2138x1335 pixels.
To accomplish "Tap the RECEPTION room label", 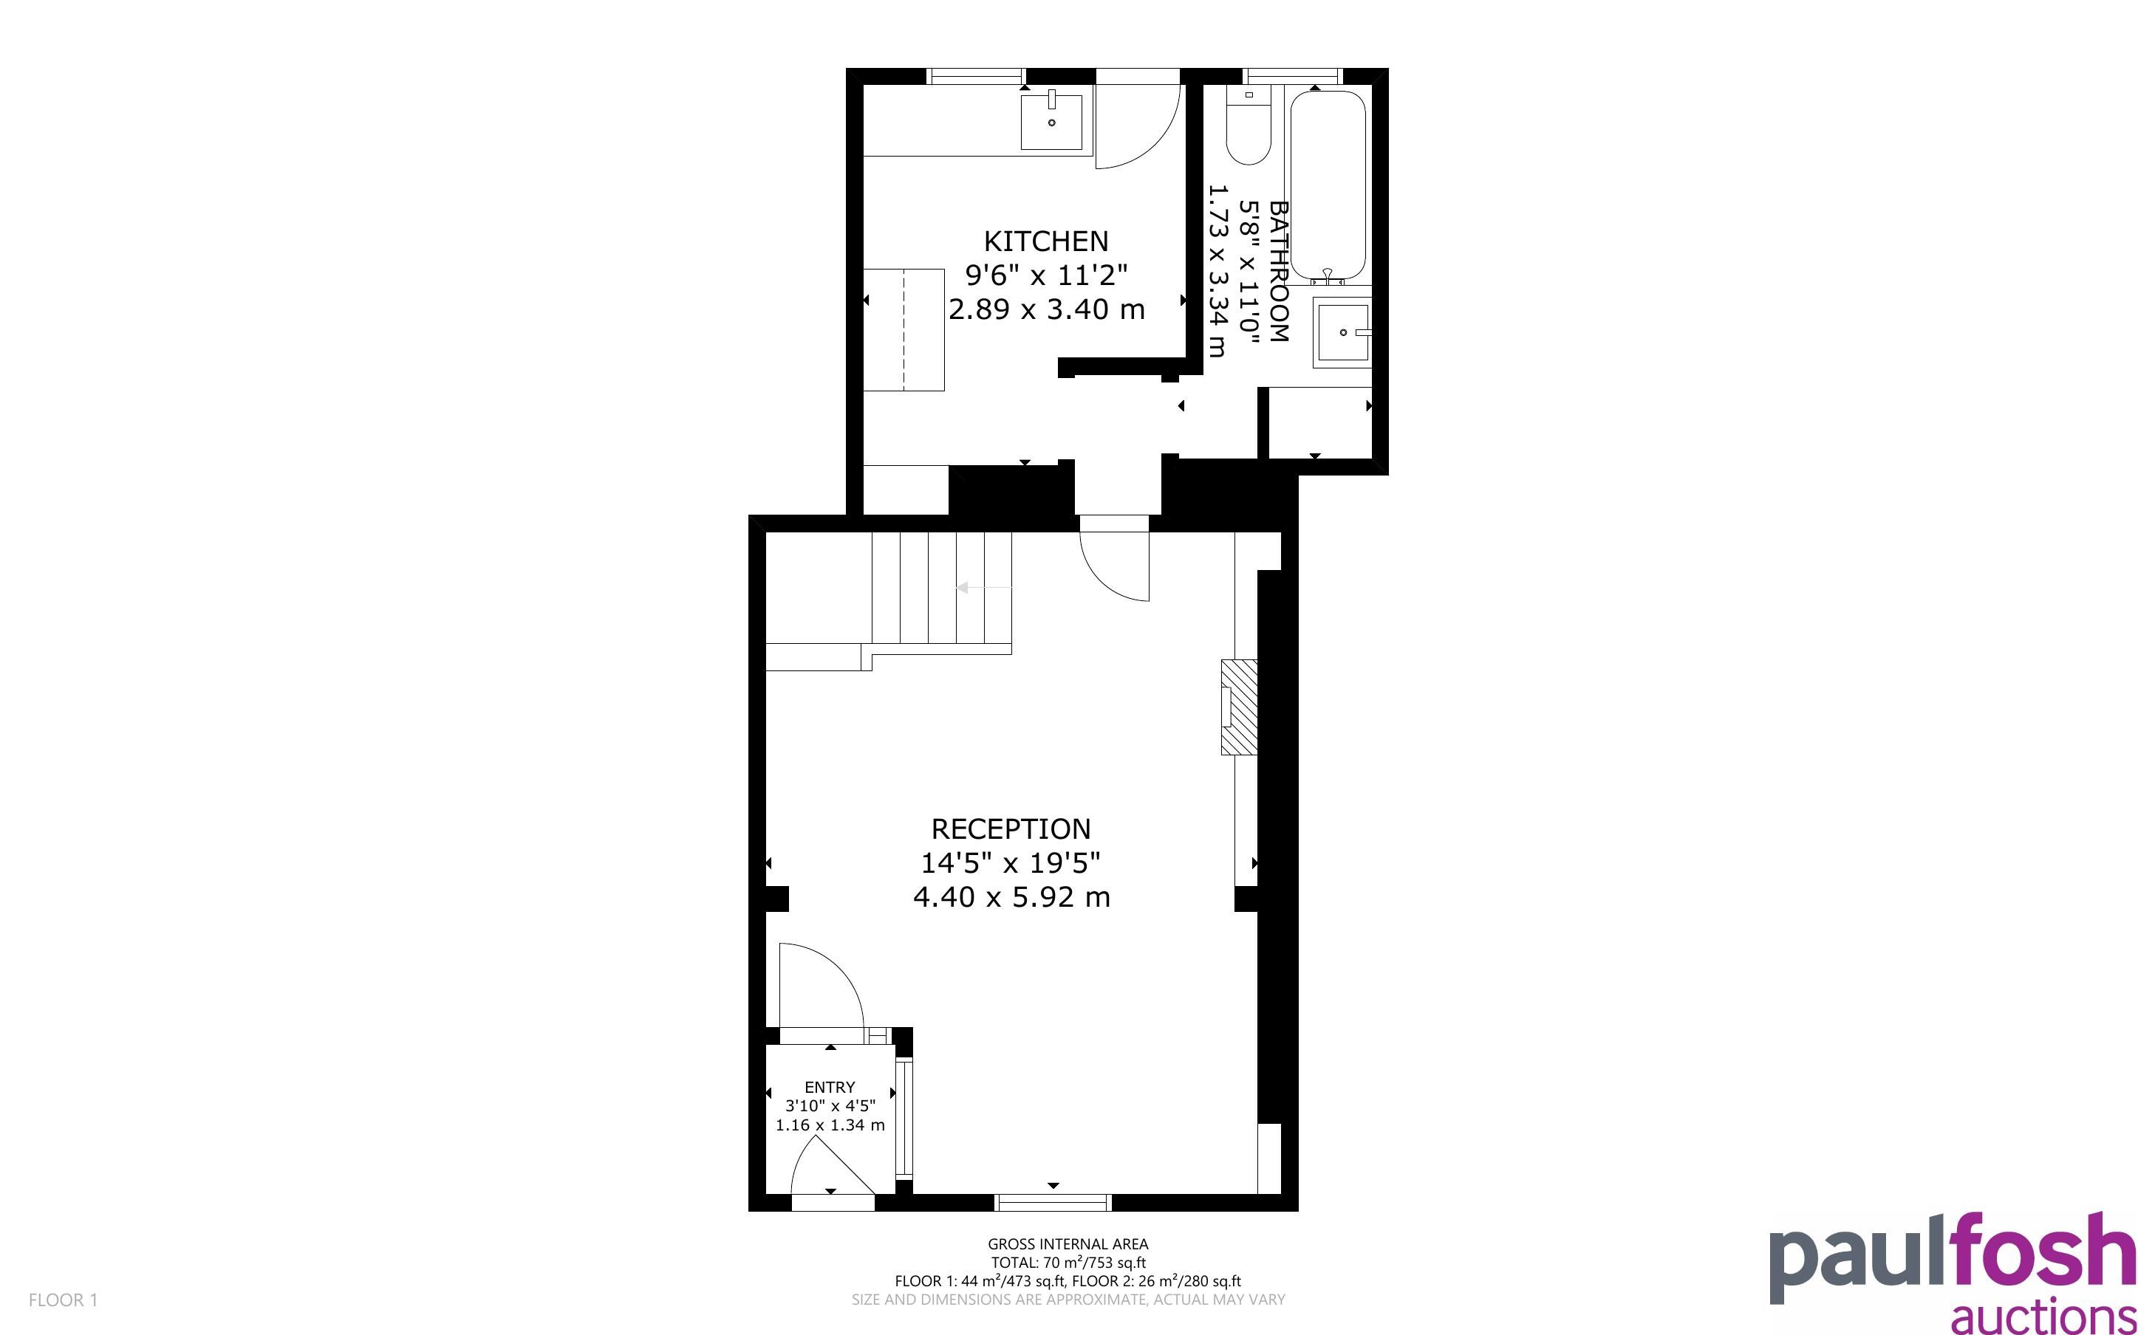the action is [1011, 829].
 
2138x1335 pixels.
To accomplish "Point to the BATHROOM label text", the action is [1278, 272].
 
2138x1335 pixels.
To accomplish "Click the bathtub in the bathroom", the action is [1328, 188].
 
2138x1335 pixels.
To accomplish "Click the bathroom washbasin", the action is [1342, 332].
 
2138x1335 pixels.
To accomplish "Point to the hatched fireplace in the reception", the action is [1239, 707].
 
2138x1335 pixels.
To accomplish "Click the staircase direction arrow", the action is [984, 588].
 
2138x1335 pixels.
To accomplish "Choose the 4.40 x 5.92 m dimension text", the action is [1011, 897].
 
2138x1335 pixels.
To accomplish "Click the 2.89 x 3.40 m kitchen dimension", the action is [1047, 309].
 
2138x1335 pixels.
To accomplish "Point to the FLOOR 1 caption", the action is [64, 1300].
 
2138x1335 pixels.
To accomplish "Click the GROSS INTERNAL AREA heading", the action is [1068, 1244].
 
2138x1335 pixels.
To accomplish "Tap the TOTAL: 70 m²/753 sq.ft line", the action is [1068, 1263].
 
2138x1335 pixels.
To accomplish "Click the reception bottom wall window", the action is [1053, 1201].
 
